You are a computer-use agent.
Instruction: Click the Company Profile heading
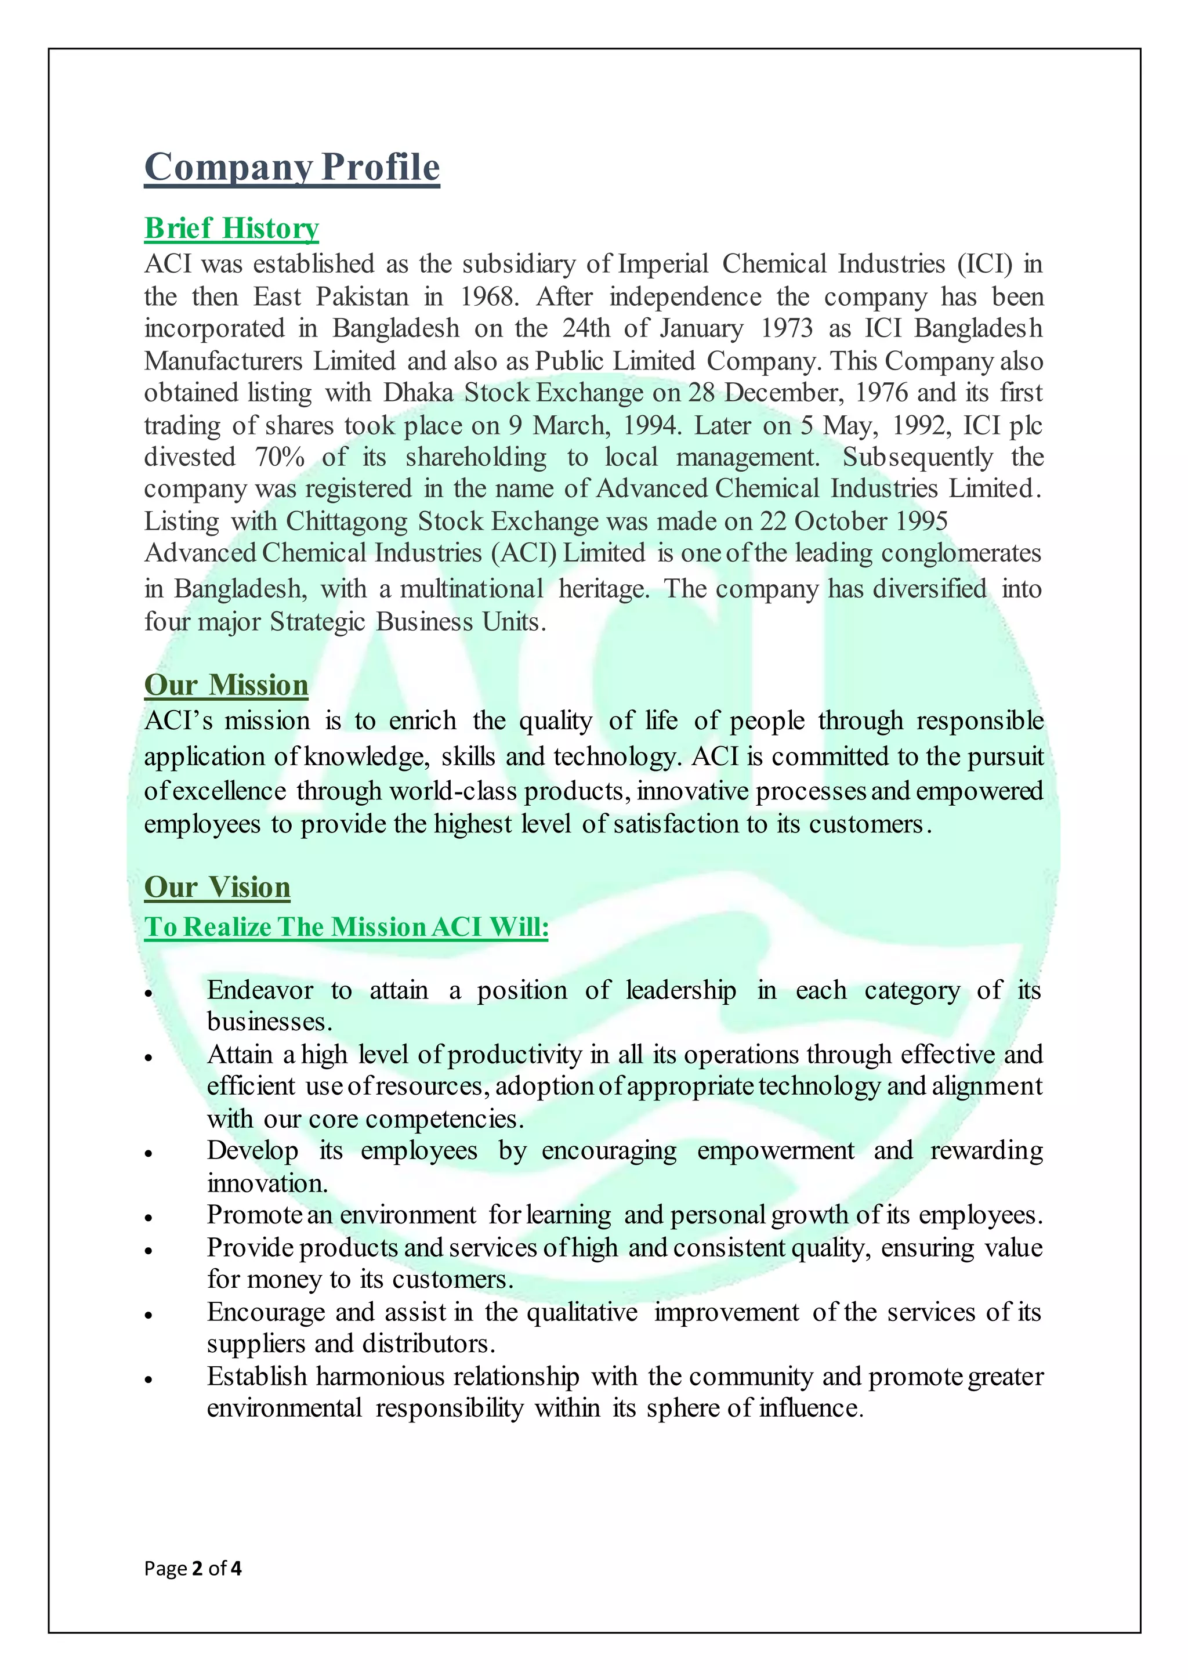[292, 168]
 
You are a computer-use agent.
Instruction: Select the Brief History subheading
[231, 229]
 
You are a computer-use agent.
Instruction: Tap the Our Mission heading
[226, 685]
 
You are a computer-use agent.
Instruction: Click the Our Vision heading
[218, 888]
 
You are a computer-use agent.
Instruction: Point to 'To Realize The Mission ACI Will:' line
[346, 927]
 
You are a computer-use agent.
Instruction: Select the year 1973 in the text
[787, 328]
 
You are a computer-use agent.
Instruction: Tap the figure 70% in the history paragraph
[280, 457]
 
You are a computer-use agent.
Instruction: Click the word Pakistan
[362, 297]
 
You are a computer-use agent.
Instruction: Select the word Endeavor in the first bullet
[260, 990]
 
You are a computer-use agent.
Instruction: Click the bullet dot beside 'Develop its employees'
[148, 1154]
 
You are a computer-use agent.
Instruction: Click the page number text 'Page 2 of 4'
[193, 1569]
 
